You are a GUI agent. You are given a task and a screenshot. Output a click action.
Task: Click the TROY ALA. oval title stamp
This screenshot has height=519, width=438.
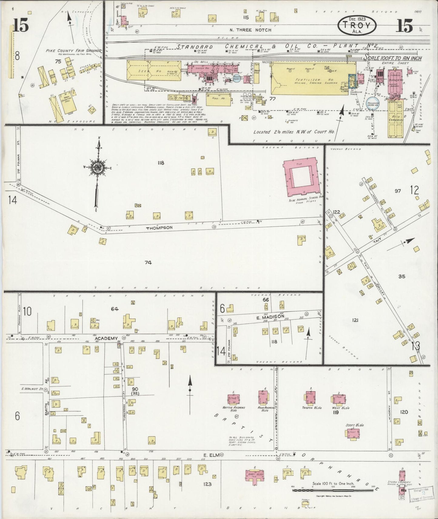(357, 24)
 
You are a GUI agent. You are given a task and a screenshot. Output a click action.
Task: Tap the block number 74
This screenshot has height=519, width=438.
(148, 263)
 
